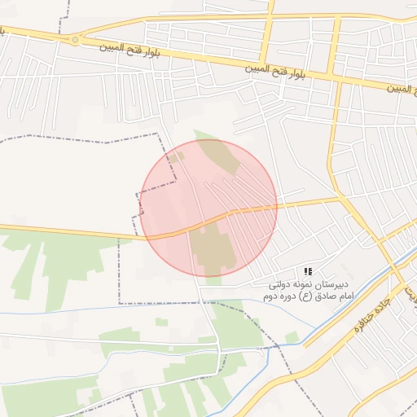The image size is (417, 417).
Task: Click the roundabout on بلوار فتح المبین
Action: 75,38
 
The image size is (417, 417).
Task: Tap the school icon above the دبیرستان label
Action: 308,270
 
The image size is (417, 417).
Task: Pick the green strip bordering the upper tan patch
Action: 204,136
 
